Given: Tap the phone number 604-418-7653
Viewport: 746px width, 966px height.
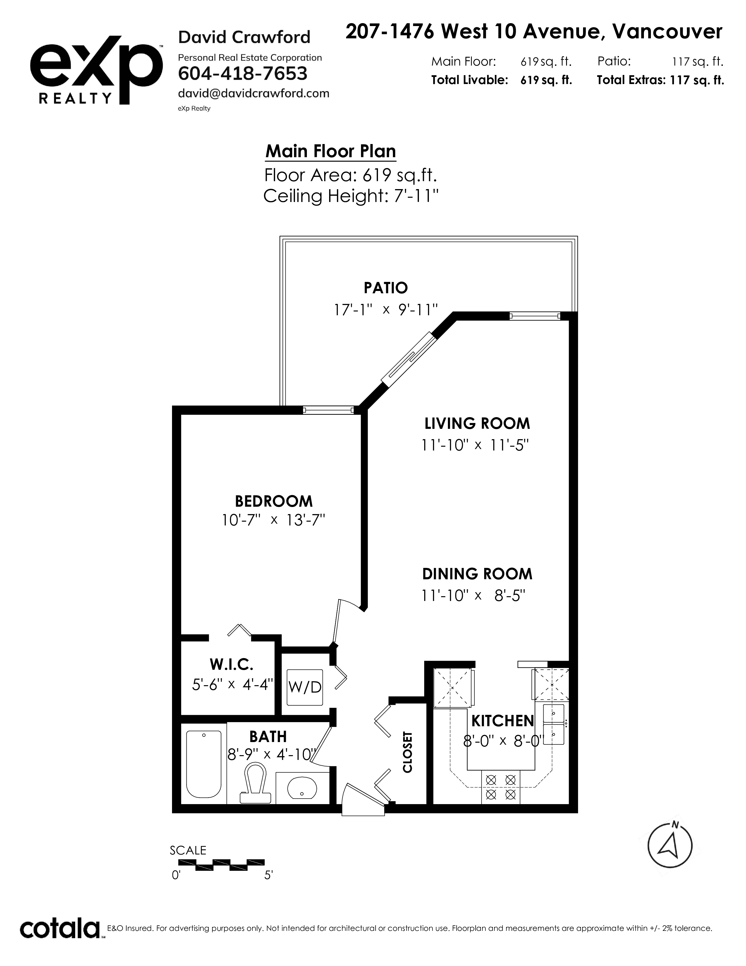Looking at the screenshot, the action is [243, 73].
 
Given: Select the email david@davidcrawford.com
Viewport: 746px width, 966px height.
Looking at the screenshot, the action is [254, 93].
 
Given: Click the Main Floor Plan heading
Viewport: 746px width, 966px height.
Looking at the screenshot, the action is [331, 151].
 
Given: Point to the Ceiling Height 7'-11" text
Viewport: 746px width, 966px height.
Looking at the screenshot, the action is [351, 196].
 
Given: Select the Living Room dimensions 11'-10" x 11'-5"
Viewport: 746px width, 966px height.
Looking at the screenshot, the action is [475, 445].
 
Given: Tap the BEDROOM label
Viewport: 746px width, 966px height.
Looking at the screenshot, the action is [274, 501].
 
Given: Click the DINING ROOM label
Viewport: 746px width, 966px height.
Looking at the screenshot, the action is [477, 574].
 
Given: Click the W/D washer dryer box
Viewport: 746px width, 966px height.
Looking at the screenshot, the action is [305, 687].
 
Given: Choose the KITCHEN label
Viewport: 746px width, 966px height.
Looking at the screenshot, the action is [503, 721].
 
